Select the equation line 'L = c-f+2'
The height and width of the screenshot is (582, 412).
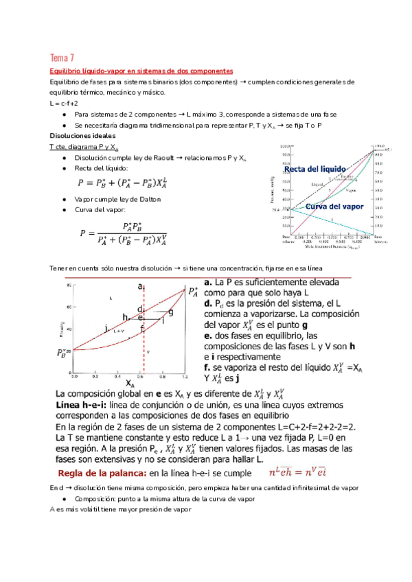point(65,103)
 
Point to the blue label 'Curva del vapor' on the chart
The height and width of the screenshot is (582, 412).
point(335,206)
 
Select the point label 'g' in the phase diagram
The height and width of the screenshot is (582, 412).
point(170,312)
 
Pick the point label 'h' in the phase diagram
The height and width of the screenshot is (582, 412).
point(125,316)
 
